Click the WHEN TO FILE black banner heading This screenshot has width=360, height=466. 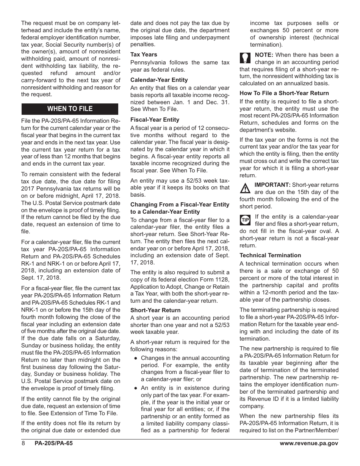(x=70, y=109)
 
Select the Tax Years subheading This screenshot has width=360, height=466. (x=144, y=55)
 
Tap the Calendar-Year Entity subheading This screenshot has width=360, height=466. (x=159, y=80)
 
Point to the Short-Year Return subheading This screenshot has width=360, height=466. (x=155, y=310)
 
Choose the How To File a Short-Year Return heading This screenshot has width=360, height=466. (x=284, y=93)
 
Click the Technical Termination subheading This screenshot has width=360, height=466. (x=270, y=255)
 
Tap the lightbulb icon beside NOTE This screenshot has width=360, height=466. (x=245, y=58)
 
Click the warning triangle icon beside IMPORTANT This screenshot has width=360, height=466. (x=246, y=188)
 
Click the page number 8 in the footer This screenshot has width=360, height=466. (x=23, y=443)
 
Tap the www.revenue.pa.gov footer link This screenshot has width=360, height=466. (x=309, y=443)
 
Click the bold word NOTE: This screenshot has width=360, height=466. (x=264, y=55)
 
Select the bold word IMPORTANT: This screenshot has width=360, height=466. (x=272, y=185)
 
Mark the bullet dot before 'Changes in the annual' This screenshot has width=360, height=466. (x=135, y=358)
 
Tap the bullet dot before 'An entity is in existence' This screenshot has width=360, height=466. (x=135, y=388)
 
